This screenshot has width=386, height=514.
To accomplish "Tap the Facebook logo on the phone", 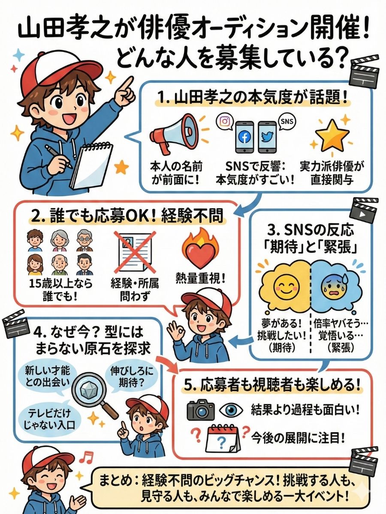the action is pyautogui.click(x=244, y=137).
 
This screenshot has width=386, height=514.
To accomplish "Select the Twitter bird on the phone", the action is pyautogui.click(x=267, y=137).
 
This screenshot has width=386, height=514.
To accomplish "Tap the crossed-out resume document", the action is pyautogui.click(x=134, y=252).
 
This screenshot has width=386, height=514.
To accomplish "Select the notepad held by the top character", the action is pyautogui.click(x=91, y=165).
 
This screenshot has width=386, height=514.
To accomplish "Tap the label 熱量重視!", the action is pyautogui.click(x=200, y=279).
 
